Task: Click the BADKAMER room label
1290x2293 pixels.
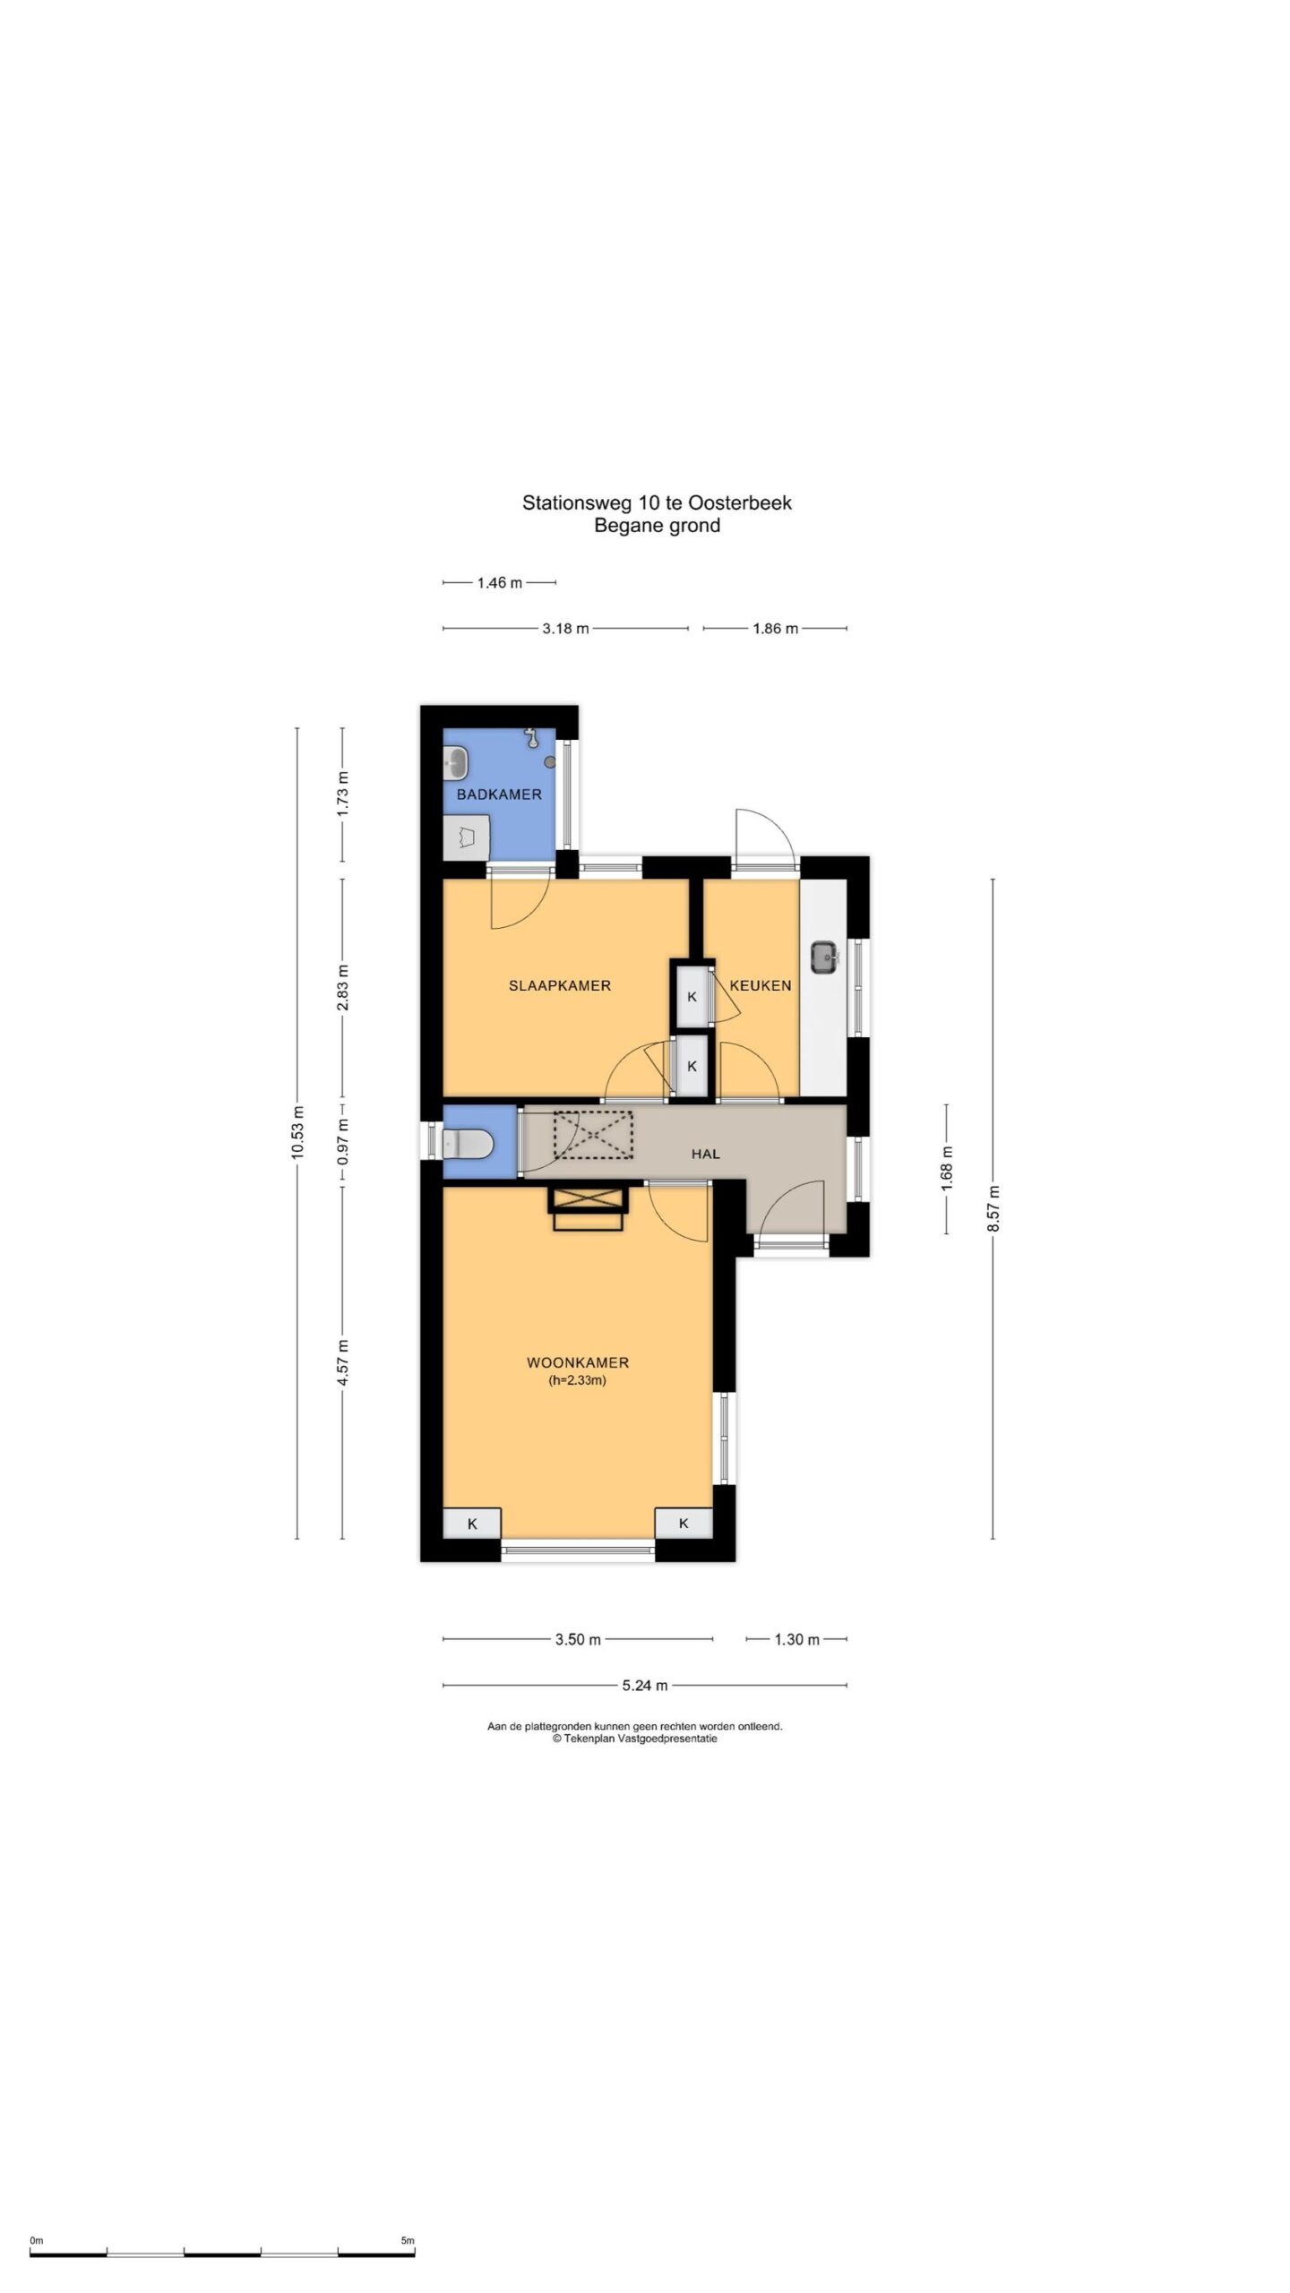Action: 499,794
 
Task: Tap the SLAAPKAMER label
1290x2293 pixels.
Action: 560,985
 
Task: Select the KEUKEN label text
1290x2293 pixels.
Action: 761,985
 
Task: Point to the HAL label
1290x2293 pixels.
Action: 706,1154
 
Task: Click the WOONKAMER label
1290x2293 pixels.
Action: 578,1362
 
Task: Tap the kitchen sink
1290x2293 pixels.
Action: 824,957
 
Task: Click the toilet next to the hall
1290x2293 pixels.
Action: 468,1143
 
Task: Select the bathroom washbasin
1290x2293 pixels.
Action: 455,764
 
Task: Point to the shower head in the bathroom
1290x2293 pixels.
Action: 532,737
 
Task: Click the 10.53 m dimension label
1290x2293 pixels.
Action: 297,1132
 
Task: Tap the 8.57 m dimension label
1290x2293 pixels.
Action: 993,1208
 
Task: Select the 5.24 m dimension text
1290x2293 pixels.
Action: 645,1685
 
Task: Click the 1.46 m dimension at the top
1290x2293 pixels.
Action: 499,582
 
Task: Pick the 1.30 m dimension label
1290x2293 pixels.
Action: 796,1639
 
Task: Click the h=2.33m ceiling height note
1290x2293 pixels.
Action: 578,1380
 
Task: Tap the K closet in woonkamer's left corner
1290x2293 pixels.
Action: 472,1523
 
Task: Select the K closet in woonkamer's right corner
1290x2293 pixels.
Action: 684,1523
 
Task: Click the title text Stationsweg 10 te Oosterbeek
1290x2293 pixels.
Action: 657,502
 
